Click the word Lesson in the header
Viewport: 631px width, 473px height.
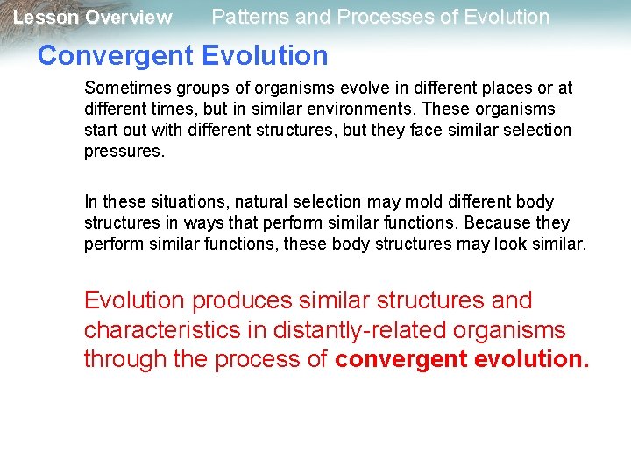tap(46, 18)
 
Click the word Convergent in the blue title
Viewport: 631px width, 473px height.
tap(115, 56)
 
